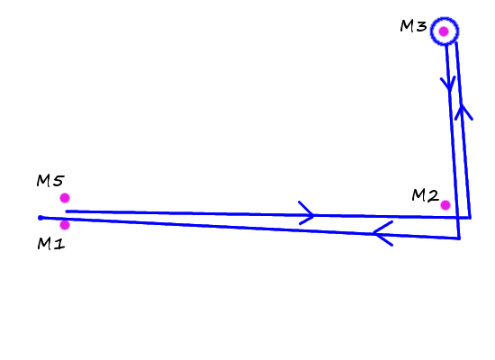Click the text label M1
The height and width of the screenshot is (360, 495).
[x=51, y=244]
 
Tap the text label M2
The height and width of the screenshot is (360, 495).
[x=425, y=195]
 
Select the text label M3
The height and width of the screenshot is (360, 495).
[x=413, y=26]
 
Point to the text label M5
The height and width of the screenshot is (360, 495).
[x=50, y=181]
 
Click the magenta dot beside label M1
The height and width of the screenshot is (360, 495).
[x=65, y=225]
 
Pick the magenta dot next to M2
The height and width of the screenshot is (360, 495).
[x=445, y=205]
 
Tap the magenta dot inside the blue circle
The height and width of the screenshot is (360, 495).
[x=444, y=31]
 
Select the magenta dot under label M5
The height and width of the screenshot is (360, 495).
[x=65, y=198]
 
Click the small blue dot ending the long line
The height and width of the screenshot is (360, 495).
[x=40, y=218]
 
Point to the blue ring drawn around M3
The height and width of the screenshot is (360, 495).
[x=445, y=18]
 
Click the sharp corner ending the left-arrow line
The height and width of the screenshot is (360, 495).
[x=459, y=238]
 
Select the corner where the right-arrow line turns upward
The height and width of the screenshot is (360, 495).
[x=470, y=218]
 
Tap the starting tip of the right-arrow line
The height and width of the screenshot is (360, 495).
[x=67, y=211]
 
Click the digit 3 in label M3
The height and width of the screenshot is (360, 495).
[x=422, y=26]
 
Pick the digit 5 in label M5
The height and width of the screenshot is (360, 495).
[x=59, y=181]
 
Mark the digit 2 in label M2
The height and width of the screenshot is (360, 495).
[x=433, y=196]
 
